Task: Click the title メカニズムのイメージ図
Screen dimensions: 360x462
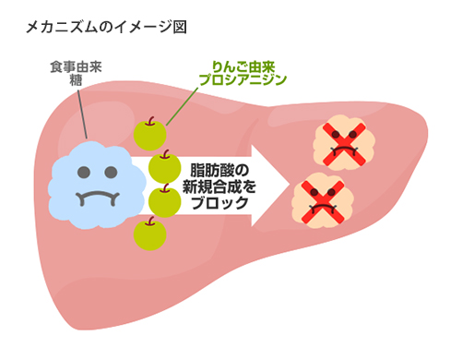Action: pyautogui.click(x=108, y=27)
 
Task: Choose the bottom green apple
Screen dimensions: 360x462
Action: pyautogui.click(x=148, y=234)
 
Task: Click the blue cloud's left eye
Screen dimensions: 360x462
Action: pyautogui.click(x=85, y=172)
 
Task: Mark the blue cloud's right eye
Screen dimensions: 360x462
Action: pyautogui.click(x=112, y=172)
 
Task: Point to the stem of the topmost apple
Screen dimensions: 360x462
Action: pyautogui.click(x=150, y=120)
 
